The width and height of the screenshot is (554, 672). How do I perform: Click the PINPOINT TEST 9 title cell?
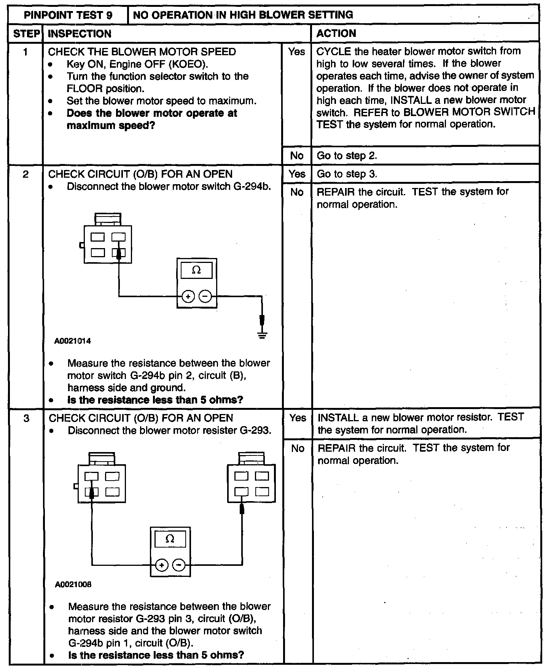pos(68,15)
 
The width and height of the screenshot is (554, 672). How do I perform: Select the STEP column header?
pos(26,33)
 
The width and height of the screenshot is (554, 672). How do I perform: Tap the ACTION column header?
pos(336,33)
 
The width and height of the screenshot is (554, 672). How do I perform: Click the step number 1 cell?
pos(25,52)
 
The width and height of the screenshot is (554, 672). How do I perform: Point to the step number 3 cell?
pos(26,418)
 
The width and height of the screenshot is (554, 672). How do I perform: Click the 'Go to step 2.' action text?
pos(347,156)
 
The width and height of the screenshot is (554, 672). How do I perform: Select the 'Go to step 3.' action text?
pos(347,174)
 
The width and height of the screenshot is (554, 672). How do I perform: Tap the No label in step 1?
pos(297,156)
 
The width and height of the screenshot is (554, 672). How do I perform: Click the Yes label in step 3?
pos(298,418)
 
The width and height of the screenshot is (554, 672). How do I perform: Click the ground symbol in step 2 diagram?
pos(262,335)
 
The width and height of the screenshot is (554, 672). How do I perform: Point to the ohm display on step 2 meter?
pos(196,270)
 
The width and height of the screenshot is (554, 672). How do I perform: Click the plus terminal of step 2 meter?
pos(188,296)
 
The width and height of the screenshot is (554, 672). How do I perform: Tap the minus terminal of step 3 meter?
pos(179,565)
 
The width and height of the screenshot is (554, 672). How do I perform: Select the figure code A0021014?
pos(73,341)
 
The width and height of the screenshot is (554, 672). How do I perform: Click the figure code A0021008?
pos(73,584)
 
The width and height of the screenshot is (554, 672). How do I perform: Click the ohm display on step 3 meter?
pos(170,539)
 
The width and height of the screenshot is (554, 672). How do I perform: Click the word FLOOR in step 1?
pos(84,89)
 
